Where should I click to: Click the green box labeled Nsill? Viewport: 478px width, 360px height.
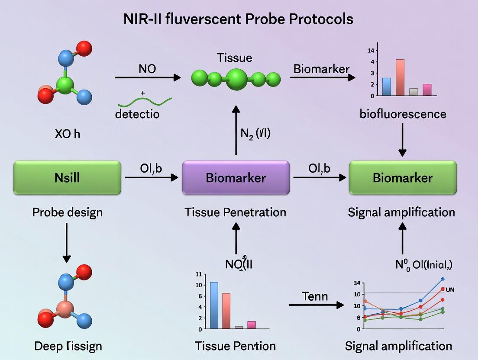[x=68, y=177]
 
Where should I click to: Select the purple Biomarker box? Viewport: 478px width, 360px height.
[x=236, y=177]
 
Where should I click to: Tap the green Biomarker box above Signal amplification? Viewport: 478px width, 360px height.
[x=403, y=177]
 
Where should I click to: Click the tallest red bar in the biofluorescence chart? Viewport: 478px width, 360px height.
[x=400, y=77]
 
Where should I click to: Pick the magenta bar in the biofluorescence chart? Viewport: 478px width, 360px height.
[x=427, y=90]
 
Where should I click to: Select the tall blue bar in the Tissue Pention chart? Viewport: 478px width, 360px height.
[x=214, y=305]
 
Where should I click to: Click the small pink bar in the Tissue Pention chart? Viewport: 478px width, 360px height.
[x=251, y=325]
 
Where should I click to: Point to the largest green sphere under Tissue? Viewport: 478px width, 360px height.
[x=236, y=79]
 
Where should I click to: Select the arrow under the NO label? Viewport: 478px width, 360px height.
[x=148, y=77]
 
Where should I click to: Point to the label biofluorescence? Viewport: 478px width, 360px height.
[x=403, y=114]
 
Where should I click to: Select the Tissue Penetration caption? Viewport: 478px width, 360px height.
[x=235, y=212]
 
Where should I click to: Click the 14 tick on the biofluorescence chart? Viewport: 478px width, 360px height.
[x=371, y=50]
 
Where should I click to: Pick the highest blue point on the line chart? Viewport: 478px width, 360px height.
[x=442, y=279]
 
